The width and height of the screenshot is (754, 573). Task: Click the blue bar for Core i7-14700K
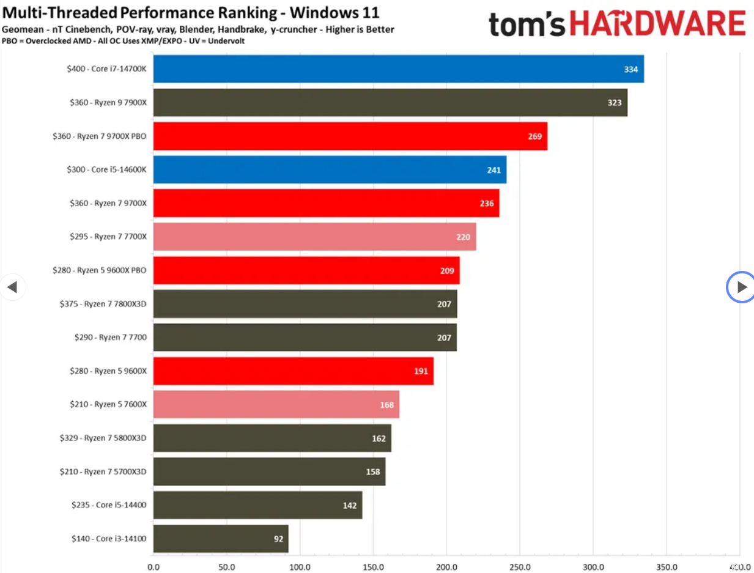coord(397,69)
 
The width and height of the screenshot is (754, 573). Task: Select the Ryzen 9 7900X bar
coord(390,103)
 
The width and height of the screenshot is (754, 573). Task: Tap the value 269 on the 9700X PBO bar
coord(534,136)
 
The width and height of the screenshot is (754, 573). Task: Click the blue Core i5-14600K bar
coord(329,170)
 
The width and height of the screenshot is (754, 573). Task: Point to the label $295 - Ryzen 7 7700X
coord(108,237)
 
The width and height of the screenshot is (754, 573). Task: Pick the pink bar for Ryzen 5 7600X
coord(276,405)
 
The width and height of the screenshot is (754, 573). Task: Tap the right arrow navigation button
coord(741,287)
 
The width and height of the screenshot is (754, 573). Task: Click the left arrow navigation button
coord(12,287)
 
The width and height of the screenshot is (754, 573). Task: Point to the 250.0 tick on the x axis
coord(520,567)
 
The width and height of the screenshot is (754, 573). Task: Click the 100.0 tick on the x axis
coord(300,567)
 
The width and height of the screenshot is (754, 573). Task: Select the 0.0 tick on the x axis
coord(153,567)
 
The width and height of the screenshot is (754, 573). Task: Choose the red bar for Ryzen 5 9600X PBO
coord(306,270)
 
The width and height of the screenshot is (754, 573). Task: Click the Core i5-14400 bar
coord(257,506)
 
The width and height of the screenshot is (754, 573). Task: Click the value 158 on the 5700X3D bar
coord(372,472)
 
